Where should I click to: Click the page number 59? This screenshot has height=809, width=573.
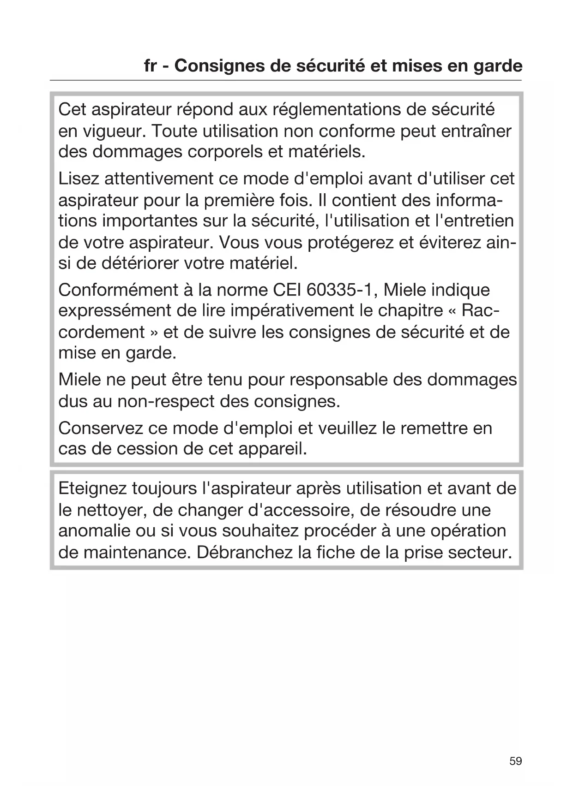515,761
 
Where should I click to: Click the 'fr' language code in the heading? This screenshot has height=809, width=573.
150,66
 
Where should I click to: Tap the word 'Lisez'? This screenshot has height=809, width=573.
78,178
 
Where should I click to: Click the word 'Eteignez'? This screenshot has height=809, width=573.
92,488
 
